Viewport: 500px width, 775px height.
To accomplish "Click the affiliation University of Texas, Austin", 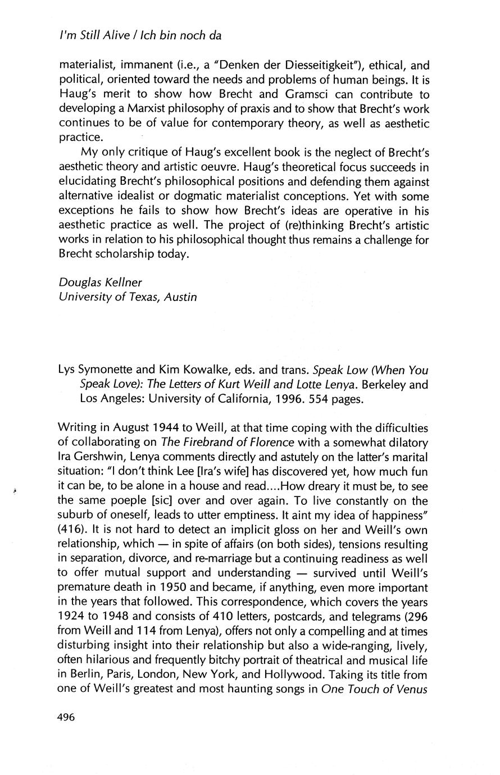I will click(x=128, y=297).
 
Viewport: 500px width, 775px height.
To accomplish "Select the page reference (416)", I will click(x=72, y=530).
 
